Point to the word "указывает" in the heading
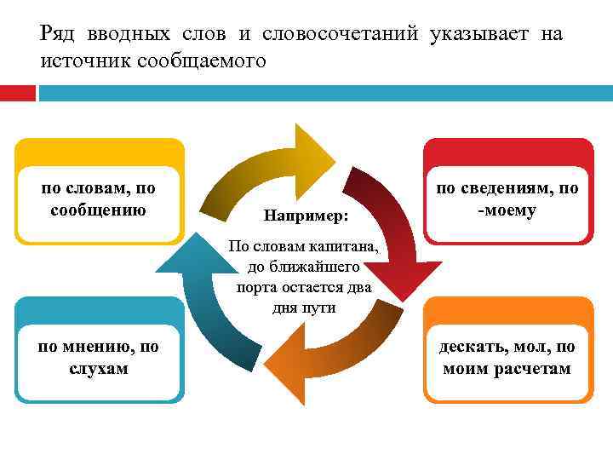click(x=481, y=35)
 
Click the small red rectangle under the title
click(x=18, y=93)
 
